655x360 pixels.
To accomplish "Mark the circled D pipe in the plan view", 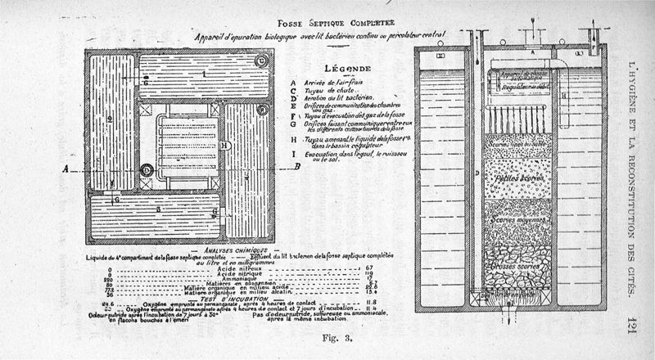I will click(146, 170).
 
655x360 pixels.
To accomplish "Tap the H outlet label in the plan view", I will click(223, 145).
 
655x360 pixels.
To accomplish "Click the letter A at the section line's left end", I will click(65, 170).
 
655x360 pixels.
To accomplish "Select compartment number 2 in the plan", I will click(109, 119).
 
